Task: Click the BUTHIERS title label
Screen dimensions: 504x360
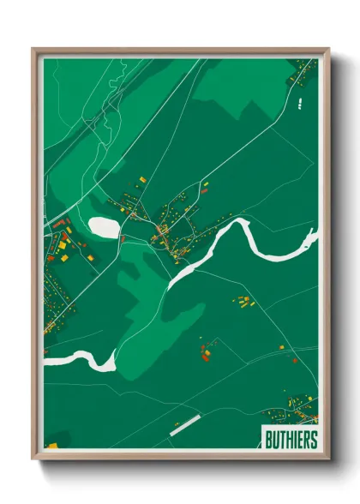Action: [289, 440]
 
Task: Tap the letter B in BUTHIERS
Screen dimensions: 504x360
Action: [264, 440]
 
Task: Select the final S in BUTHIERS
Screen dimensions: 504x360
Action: [313, 440]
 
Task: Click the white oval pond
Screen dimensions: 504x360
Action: [105, 228]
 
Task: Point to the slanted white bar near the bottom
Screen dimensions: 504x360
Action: [184, 425]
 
